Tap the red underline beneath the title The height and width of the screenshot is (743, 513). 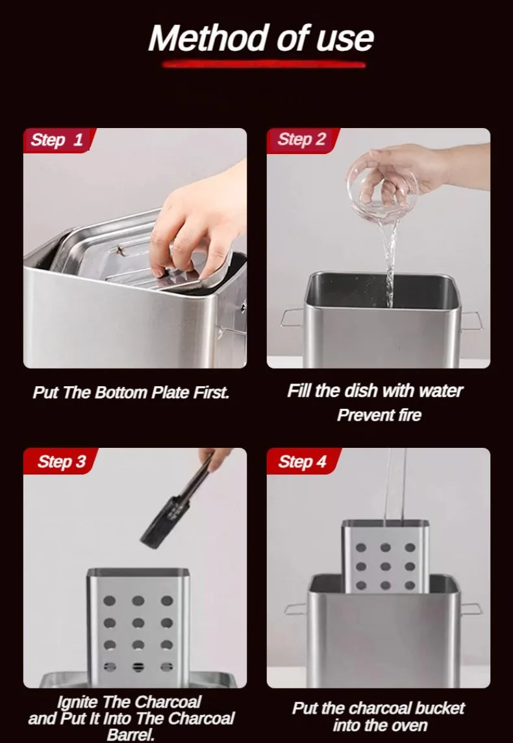coord(263,64)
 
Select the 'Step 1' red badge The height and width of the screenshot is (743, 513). coord(57,140)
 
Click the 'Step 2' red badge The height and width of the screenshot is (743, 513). coord(301,140)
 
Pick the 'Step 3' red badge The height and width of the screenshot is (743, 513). coord(61,462)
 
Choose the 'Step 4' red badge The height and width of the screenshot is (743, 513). coord(302,462)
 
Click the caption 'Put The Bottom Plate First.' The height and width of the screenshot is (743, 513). coord(131,393)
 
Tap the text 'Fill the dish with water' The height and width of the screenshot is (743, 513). coord(375,391)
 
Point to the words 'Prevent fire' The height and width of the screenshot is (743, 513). coord(379,415)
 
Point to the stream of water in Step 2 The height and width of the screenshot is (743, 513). coord(390,260)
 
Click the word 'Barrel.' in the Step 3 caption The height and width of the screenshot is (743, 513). coord(132,735)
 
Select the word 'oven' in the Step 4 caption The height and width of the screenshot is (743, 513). coord(409,725)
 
